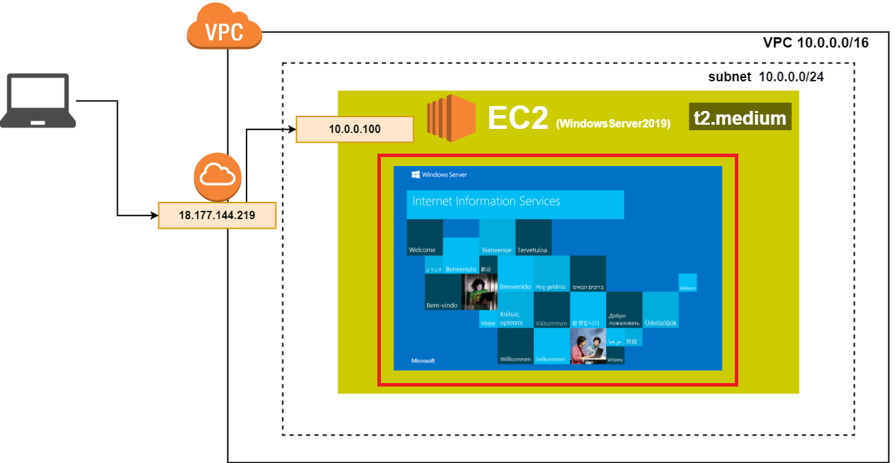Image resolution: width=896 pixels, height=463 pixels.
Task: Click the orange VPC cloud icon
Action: [x=224, y=28]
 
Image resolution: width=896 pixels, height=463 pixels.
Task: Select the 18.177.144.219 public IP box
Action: [x=217, y=215]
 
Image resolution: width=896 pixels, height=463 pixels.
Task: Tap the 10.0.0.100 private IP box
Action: [x=354, y=129]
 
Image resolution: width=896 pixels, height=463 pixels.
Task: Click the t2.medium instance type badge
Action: [x=740, y=118]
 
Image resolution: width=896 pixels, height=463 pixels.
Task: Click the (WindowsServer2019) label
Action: [x=613, y=124]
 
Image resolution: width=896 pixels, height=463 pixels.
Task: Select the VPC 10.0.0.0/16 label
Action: [x=815, y=43]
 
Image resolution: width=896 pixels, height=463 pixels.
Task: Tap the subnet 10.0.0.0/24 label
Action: [x=766, y=76]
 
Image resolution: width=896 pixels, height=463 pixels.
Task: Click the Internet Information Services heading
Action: [x=486, y=202]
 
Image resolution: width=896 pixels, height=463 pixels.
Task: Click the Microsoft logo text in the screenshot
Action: [x=423, y=360]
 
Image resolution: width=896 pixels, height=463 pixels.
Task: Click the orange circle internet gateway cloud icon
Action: [x=217, y=177]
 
